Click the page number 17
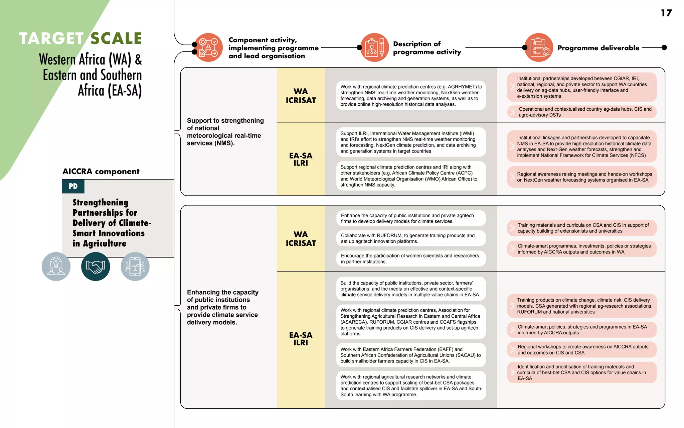click(x=666, y=13)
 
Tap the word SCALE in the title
click(x=116, y=38)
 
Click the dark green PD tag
click(x=73, y=186)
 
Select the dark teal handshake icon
click(x=96, y=266)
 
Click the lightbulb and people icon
click(x=56, y=266)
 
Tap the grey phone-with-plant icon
click(x=135, y=266)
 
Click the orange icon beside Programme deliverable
click(x=539, y=47)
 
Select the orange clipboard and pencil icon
click(x=375, y=47)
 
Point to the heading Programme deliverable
click(x=598, y=48)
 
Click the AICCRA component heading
click(x=101, y=172)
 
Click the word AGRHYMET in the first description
click(x=462, y=87)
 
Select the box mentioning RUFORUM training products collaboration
click(x=411, y=238)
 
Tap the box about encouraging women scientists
click(x=411, y=258)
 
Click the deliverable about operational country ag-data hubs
click(x=581, y=112)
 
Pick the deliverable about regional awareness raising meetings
click(x=581, y=177)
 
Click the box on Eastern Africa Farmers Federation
click(x=411, y=355)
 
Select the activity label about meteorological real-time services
click(x=225, y=132)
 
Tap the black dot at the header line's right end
click(x=664, y=47)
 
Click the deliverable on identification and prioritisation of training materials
click(x=581, y=372)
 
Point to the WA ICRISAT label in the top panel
click(x=301, y=96)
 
